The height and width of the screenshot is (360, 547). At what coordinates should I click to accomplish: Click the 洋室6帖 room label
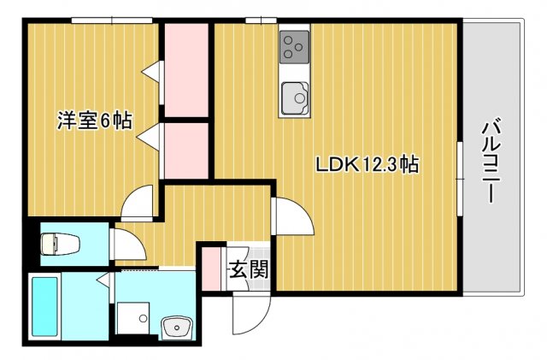pyautogui.click(x=94, y=121)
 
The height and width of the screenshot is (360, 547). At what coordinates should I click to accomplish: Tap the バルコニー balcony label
pyautogui.click(x=491, y=162)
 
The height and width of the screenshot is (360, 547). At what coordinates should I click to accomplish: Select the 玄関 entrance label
pyautogui.click(x=248, y=269)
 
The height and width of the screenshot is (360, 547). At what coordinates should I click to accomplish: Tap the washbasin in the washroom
pyautogui.click(x=176, y=327)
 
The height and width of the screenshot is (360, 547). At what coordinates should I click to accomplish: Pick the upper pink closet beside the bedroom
pyautogui.click(x=186, y=70)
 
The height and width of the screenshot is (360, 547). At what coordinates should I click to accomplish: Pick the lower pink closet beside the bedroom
pyautogui.click(x=186, y=151)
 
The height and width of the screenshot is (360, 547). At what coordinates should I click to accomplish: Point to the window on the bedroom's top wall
pyautogui.click(x=112, y=20)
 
